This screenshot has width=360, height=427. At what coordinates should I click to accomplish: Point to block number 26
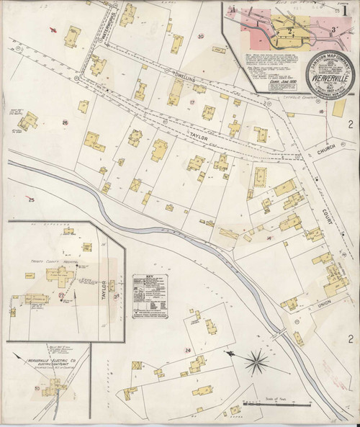point(64,103)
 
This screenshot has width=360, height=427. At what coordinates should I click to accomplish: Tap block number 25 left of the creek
point(31,199)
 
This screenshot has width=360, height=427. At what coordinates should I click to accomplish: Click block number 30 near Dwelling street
point(201,36)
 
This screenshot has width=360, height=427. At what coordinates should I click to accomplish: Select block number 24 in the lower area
point(188,350)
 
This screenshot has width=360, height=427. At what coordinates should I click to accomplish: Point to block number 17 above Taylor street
point(192,103)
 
